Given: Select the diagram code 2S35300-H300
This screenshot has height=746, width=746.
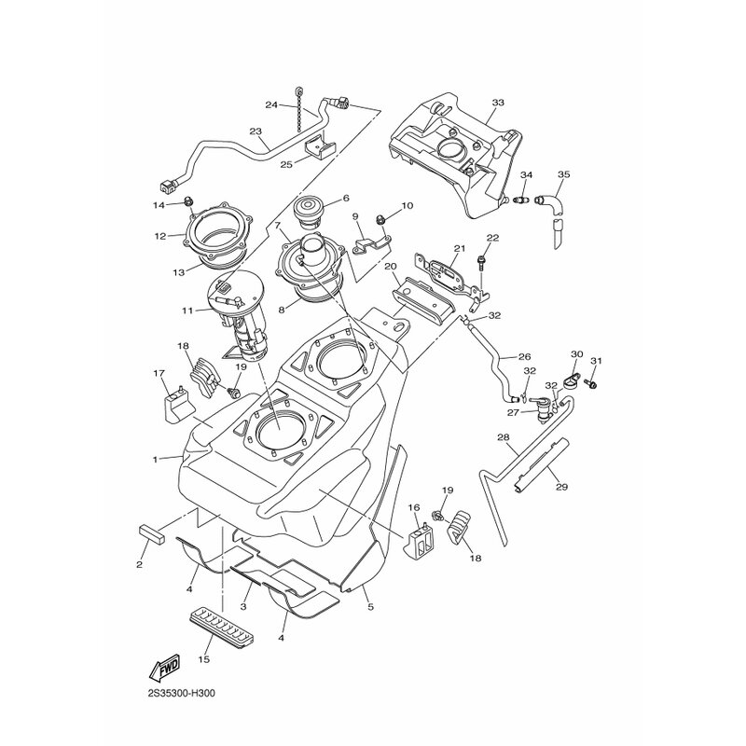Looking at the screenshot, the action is (x=182, y=694).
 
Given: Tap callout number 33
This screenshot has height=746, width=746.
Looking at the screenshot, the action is (x=498, y=103).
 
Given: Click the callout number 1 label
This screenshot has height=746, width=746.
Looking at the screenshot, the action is (x=155, y=460).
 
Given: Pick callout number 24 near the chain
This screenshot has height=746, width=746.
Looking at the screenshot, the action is (x=271, y=104).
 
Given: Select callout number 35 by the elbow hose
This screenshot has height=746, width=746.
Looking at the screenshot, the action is (x=564, y=174).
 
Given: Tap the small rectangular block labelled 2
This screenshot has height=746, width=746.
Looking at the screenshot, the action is (x=151, y=533).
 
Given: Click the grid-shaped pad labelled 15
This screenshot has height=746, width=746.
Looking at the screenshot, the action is (x=223, y=622).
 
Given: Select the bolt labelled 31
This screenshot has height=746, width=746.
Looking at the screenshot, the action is (x=592, y=381).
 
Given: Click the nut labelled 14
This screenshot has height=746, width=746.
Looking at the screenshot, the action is (x=188, y=201).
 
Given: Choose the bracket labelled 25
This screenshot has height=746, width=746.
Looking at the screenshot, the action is (x=320, y=147).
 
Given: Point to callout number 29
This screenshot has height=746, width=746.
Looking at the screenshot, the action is (x=561, y=487).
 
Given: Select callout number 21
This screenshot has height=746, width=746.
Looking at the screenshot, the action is (x=459, y=248).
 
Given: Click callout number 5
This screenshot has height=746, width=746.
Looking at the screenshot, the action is (x=370, y=607).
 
